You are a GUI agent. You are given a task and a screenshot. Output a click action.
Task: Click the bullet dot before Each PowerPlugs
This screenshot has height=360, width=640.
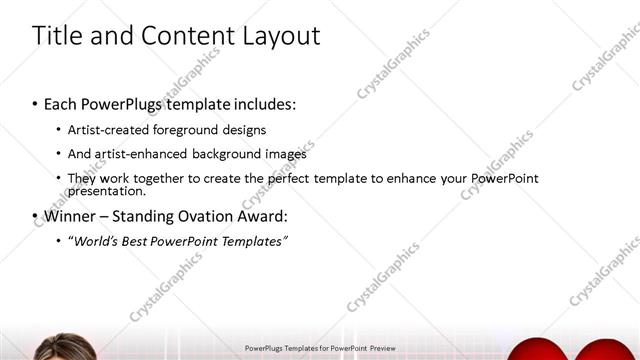tap(35, 104)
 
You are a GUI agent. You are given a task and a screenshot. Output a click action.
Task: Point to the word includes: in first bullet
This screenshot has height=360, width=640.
tap(263, 104)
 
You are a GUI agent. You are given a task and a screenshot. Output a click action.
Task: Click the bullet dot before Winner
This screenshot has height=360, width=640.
tap(35, 216)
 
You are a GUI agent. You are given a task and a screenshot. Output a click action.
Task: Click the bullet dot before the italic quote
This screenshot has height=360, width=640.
tap(58, 241)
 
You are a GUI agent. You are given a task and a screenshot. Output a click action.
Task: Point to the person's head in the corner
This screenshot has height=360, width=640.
tap(55, 349)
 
